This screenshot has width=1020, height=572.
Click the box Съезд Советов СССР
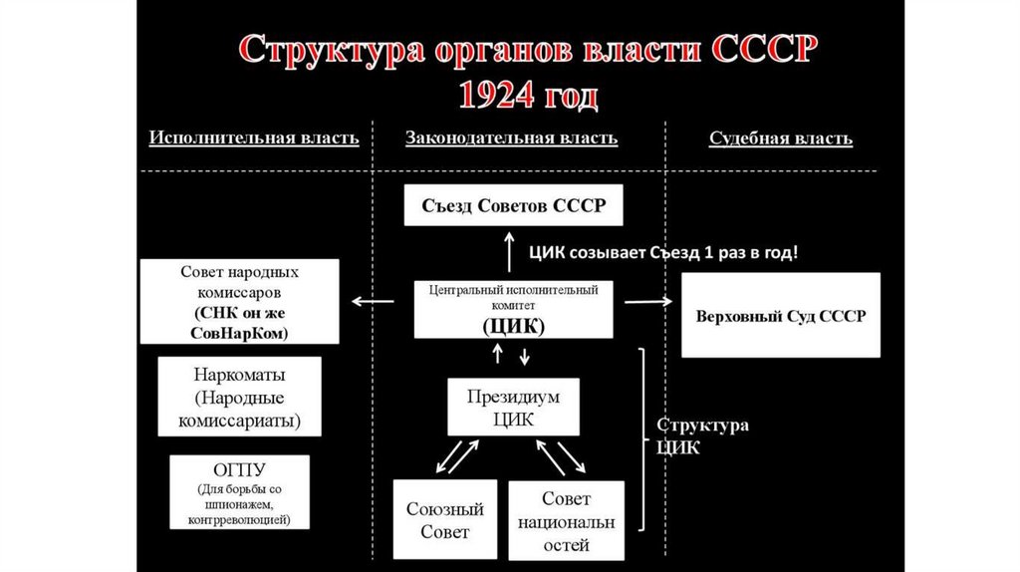click(x=512, y=207)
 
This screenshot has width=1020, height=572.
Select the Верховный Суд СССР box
click(x=780, y=315)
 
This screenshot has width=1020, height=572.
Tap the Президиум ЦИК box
click(x=513, y=408)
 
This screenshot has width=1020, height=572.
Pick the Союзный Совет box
click(x=444, y=521)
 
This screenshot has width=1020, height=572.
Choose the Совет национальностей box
click(x=566, y=521)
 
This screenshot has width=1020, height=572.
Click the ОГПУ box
click(x=239, y=492)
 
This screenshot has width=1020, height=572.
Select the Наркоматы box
click(x=239, y=398)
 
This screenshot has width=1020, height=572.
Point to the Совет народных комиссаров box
click(x=239, y=302)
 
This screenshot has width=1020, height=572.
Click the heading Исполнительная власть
click(x=254, y=139)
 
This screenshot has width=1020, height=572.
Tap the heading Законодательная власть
click(x=511, y=139)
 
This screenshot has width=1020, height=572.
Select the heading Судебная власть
click(x=780, y=139)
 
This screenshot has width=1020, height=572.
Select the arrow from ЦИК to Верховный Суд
click(x=647, y=299)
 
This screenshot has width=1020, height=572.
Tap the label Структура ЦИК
click(x=702, y=435)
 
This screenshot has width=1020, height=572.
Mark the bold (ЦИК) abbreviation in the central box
click(x=513, y=326)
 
